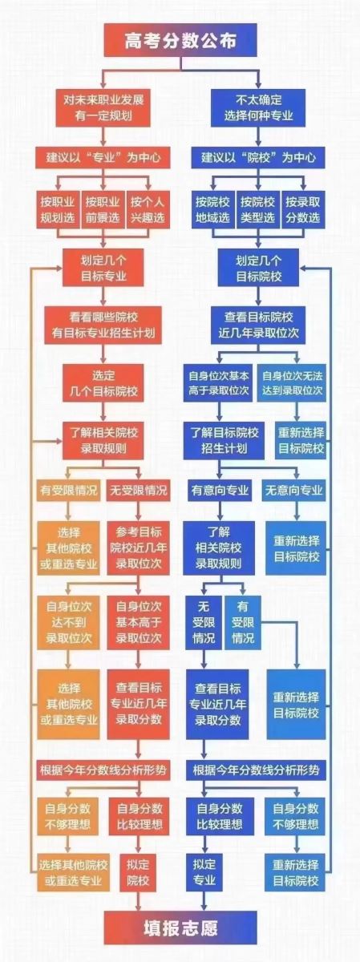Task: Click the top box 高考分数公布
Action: point(180,40)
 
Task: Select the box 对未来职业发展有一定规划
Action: point(103,107)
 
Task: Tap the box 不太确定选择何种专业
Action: point(258,107)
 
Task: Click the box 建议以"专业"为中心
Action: point(103,158)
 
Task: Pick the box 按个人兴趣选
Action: point(148,209)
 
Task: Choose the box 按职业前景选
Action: point(103,209)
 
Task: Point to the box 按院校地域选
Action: point(213,209)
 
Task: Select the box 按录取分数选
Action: point(303,209)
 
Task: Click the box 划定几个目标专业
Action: point(103,268)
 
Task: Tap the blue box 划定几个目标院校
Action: point(258,268)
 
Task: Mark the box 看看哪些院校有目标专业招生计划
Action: point(103,325)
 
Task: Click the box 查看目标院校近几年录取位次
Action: point(258,325)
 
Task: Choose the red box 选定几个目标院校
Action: point(103,383)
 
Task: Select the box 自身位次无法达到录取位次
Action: point(292,383)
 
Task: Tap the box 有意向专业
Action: point(220,491)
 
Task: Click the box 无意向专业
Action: point(293,491)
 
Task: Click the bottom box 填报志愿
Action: point(180,928)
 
